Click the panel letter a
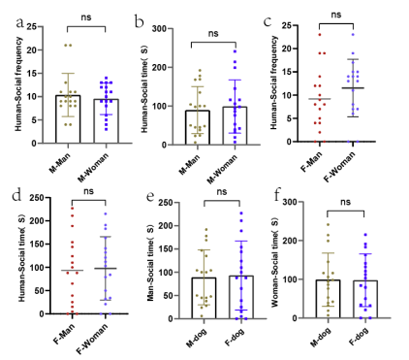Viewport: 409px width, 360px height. click(20, 23)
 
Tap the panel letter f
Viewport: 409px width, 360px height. click(276, 195)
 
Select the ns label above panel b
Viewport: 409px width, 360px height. click(213, 33)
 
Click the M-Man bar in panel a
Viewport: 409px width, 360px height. click(68, 119)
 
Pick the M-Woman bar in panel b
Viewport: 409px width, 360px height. click(235, 126)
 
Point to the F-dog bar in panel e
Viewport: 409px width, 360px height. click(241, 297)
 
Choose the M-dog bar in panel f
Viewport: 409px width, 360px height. click(328, 299)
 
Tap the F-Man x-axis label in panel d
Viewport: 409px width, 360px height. click(64, 334)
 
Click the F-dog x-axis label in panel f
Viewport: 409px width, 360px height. click(359, 337)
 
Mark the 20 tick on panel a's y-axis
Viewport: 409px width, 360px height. click(32, 50)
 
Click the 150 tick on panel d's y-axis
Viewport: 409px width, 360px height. click(40, 245)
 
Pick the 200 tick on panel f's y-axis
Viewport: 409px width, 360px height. click(290, 241)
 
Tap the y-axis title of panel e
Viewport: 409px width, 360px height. click(150, 258)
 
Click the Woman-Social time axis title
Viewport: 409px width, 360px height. click(274, 262)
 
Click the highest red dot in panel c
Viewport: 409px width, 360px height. click(320, 34)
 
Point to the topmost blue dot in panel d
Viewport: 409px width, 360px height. click(106, 213)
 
